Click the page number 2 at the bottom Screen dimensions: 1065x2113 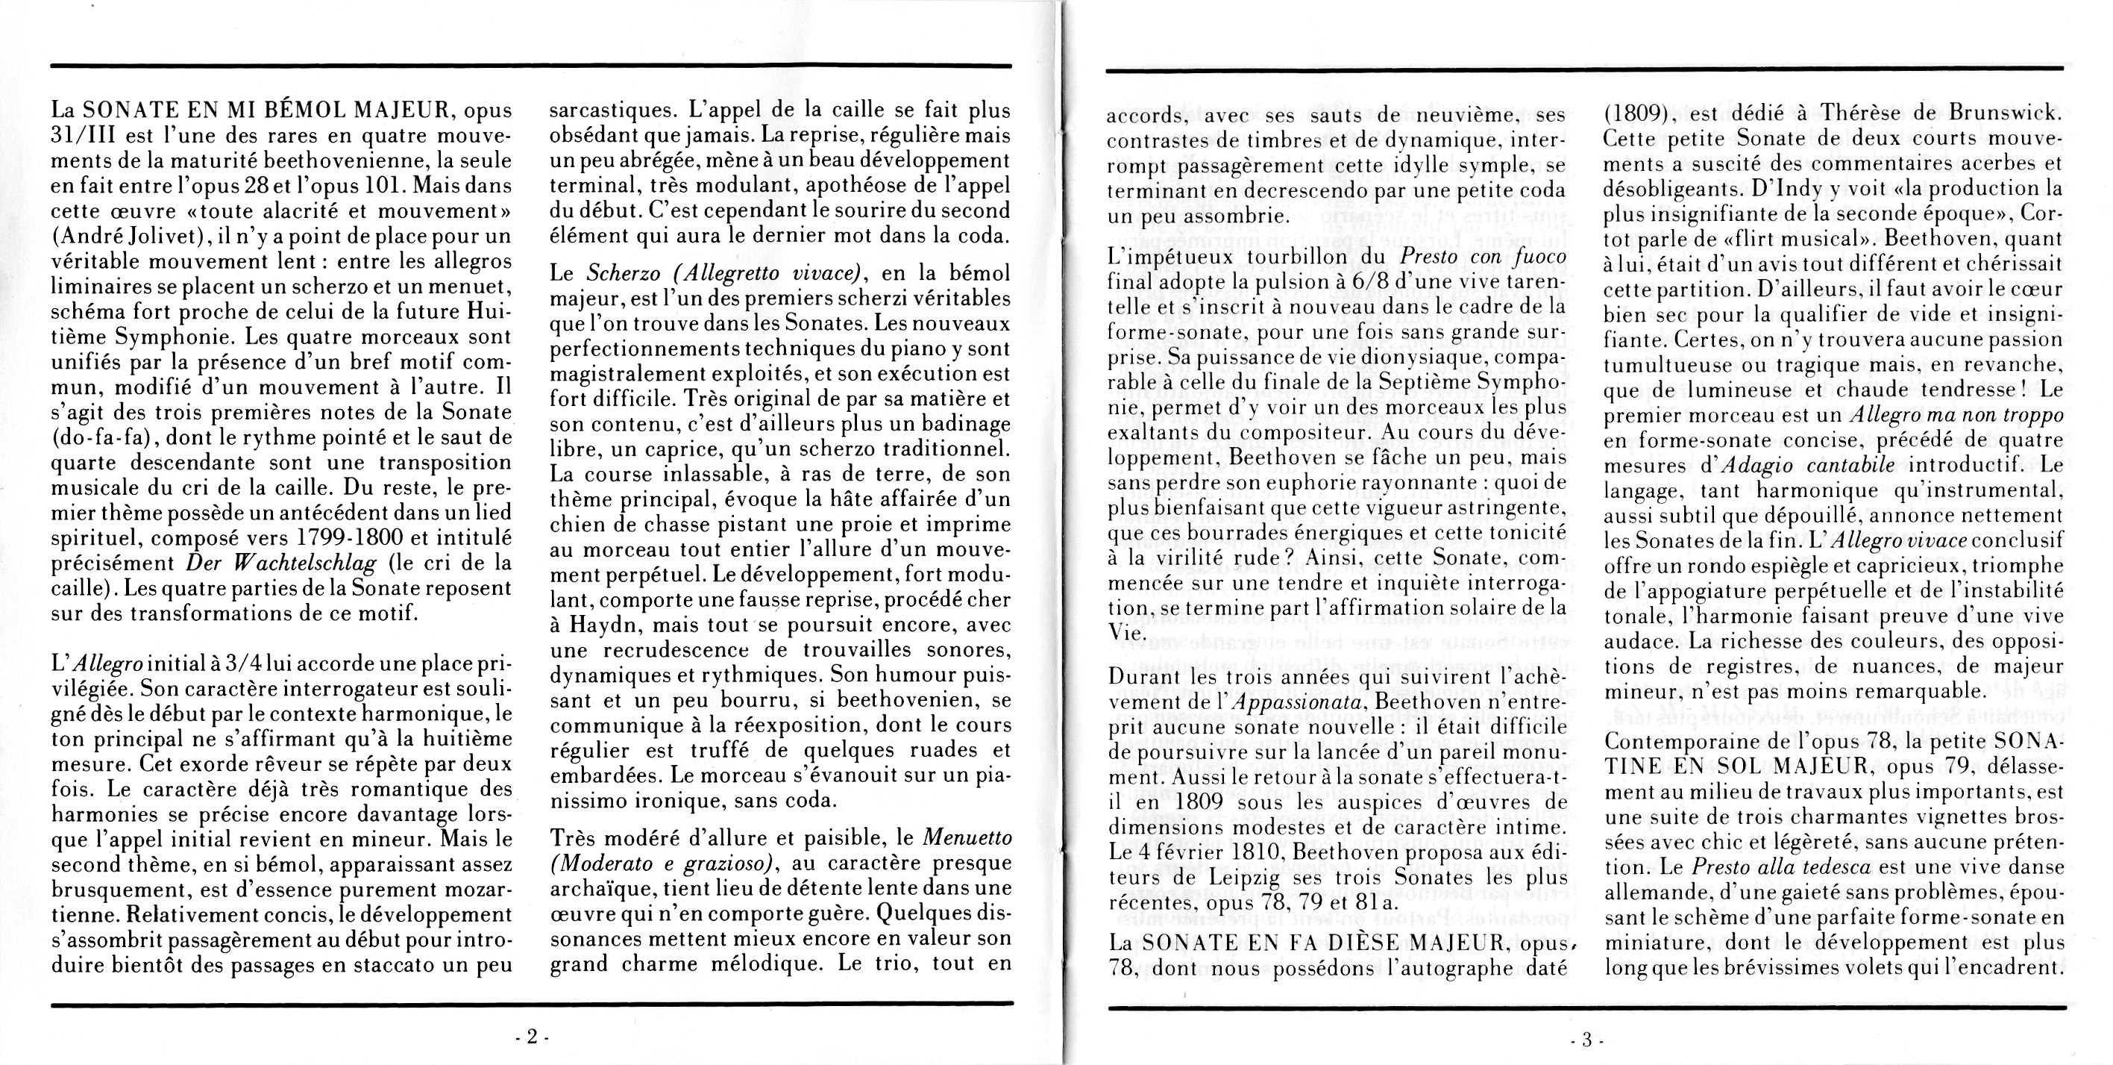(x=531, y=1037)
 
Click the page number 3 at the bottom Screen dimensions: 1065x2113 (x=1586, y=1040)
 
